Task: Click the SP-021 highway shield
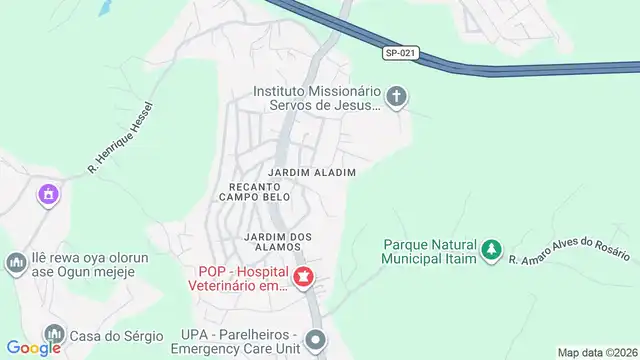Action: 399,53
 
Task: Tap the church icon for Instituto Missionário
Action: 397,97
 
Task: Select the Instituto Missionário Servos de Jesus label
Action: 317,97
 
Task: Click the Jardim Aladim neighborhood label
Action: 313,173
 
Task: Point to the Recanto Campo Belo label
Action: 260,191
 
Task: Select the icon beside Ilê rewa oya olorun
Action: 15,264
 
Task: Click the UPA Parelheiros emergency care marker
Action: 316,339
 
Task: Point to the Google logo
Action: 34,347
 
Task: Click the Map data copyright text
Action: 597,352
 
